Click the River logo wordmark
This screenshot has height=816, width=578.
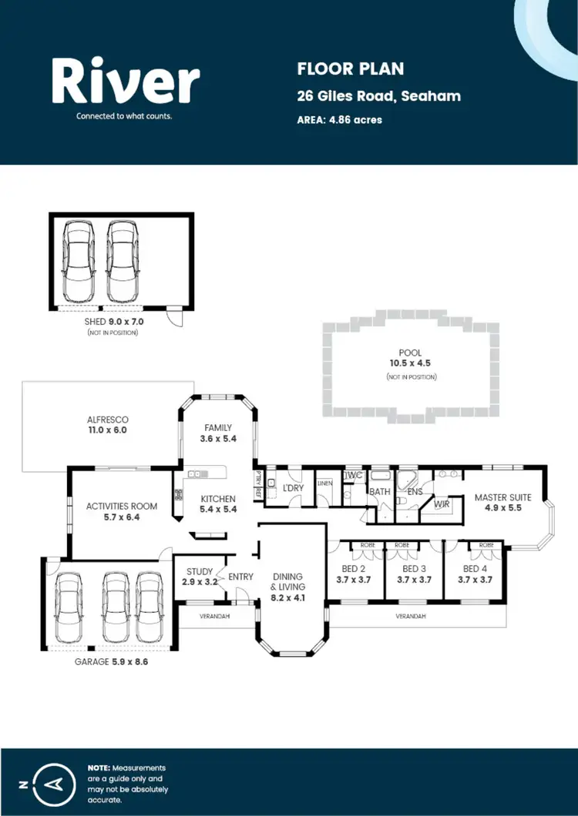125,82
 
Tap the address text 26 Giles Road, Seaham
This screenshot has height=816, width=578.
378,96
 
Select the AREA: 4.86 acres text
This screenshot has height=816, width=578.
339,119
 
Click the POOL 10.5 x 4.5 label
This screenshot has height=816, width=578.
410,358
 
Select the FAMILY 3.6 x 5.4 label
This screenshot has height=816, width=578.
218,433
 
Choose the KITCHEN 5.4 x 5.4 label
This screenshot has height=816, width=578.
218,504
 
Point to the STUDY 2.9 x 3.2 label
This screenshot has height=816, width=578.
200,577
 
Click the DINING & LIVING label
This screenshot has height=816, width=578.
287,586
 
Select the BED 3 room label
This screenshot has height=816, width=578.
415,574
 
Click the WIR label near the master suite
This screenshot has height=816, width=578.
442,505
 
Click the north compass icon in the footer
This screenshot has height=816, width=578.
53,784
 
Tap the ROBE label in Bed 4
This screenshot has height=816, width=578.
486,545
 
